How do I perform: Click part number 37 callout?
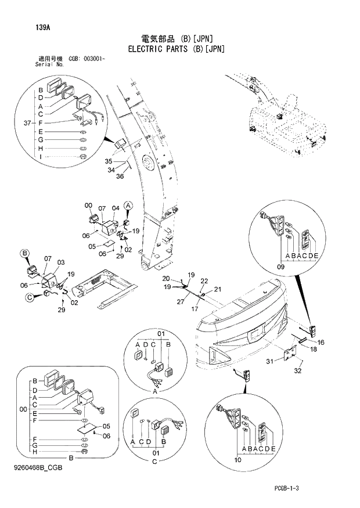[27, 123]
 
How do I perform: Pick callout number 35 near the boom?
[108, 161]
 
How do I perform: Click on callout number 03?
[60, 262]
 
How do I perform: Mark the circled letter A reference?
[129, 206]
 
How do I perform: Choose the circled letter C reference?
[29, 298]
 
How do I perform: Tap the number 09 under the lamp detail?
[281, 267]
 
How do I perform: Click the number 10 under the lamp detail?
[237, 460]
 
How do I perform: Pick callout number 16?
[321, 342]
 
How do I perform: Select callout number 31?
[269, 362]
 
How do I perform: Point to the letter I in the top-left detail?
[41, 157]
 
